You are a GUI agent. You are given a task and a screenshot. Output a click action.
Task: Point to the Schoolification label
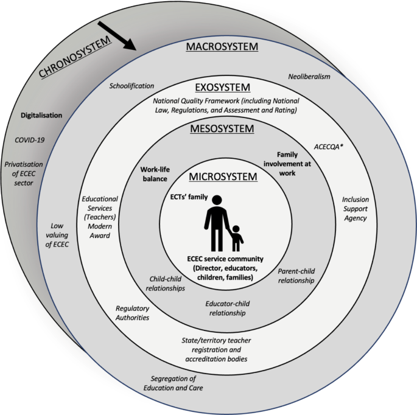coord(131,86)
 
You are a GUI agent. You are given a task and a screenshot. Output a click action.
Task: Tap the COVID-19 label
coord(30,139)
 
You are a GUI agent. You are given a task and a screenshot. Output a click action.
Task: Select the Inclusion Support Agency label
coord(355,209)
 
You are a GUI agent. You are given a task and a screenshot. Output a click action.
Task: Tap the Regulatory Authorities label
coord(132,312)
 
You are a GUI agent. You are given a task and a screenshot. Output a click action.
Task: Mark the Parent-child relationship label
coord(295,276)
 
